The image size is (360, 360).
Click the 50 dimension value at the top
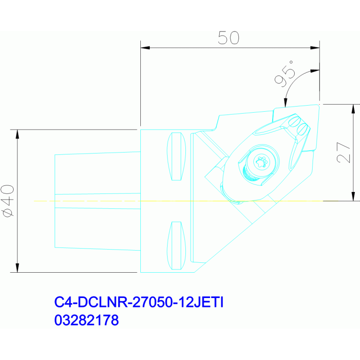(229, 38)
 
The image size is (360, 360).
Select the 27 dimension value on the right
(344, 153)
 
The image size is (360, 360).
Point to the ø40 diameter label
(8, 201)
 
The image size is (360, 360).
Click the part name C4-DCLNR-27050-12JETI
(138, 302)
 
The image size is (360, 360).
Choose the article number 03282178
(86, 320)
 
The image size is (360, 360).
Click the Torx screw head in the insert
(262, 162)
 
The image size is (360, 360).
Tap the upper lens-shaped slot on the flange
(176, 156)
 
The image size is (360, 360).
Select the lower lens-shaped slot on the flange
(176, 245)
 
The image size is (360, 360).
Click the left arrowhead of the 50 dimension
(145, 48)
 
